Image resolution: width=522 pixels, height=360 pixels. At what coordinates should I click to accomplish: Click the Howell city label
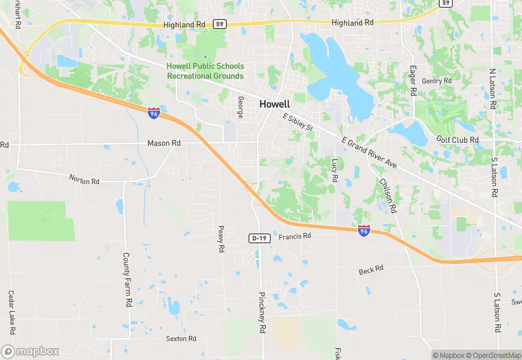tap(275, 104)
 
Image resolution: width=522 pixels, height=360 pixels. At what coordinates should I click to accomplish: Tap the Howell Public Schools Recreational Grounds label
tap(205, 71)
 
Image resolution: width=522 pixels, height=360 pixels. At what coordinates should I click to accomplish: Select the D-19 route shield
tap(258, 238)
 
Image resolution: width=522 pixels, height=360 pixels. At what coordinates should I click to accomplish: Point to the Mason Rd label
tap(163, 144)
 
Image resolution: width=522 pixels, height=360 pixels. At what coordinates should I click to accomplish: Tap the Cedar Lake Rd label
tap(11, 308)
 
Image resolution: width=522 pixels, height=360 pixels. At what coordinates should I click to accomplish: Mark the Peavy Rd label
tap(220, 239)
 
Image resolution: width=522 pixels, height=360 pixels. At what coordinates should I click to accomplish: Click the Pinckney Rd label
tap(262, 313)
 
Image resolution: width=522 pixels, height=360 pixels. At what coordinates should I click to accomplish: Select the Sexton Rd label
tap(181, 339)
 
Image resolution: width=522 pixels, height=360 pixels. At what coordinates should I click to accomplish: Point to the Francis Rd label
tap(295, 236)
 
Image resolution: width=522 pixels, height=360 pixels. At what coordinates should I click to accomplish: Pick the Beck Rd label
tap(371, 271)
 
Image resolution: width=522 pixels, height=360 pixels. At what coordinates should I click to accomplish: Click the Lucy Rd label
tap(335, 170)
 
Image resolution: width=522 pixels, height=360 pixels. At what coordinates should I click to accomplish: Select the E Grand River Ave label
tap(370, 153)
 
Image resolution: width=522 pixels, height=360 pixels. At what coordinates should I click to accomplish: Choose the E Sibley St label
tap(298, 123)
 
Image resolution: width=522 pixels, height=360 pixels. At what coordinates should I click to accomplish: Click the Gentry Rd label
tap(437, 81)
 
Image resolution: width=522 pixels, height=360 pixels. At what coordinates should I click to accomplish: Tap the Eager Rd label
tap(413, 81)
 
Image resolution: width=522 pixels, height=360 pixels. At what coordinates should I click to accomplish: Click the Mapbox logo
tap(30, 351)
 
